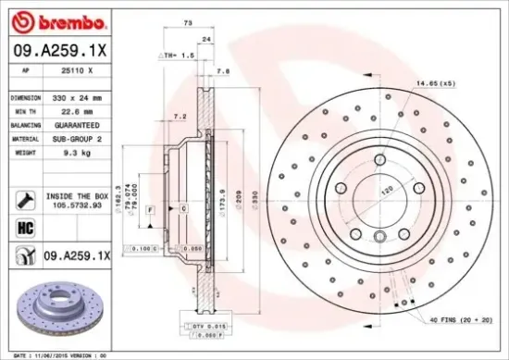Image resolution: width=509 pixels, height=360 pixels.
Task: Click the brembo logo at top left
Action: [x=53, y=19]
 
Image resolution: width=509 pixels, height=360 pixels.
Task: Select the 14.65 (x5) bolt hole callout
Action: [x=434, y=84]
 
